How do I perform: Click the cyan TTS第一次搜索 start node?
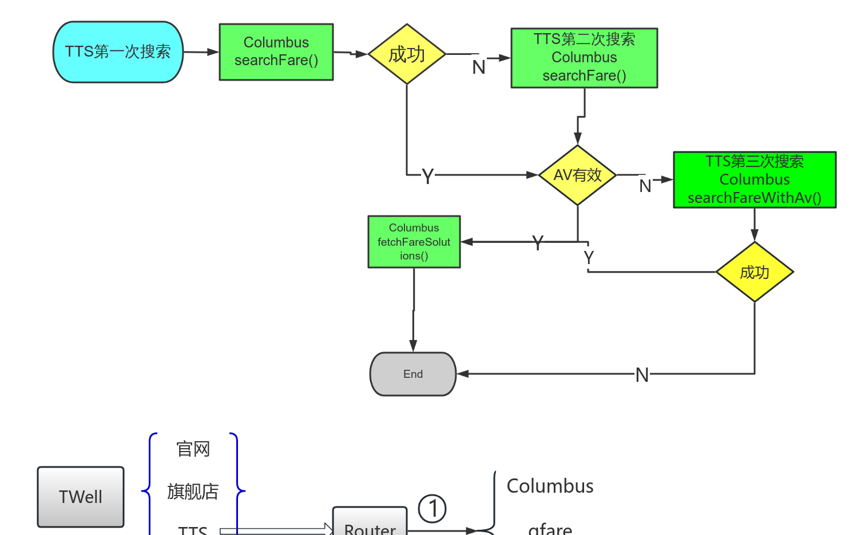coord(118,52)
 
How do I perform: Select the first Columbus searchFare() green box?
coord(276,51)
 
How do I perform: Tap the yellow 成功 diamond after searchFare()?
coord(407,54)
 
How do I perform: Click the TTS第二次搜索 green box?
coord(584,58)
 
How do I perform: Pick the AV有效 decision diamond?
coord(578,175)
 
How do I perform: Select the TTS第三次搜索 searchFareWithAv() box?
coord(755,179)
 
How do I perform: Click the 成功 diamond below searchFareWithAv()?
coord(755,272)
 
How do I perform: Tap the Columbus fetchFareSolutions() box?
coord(414,242)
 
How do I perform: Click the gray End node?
coord(413,374)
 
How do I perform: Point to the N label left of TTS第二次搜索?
coord(479,67)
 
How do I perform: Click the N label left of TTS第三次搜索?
coord(645,186)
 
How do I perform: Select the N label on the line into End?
coord(642,375)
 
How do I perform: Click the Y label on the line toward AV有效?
coord(428,176)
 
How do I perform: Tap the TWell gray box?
coord(81,497)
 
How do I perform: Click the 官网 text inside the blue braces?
coord(193,449)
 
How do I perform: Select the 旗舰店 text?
coord(193,491)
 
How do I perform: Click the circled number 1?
coord(433,509)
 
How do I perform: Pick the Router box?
coord(370,523)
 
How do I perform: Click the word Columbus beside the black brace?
coord(550,486)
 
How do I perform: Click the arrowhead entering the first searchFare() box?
coord(213,52)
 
